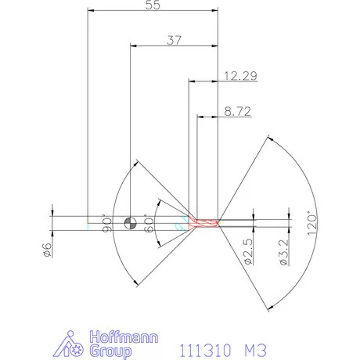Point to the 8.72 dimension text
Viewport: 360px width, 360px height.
[x=236, y=112]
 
